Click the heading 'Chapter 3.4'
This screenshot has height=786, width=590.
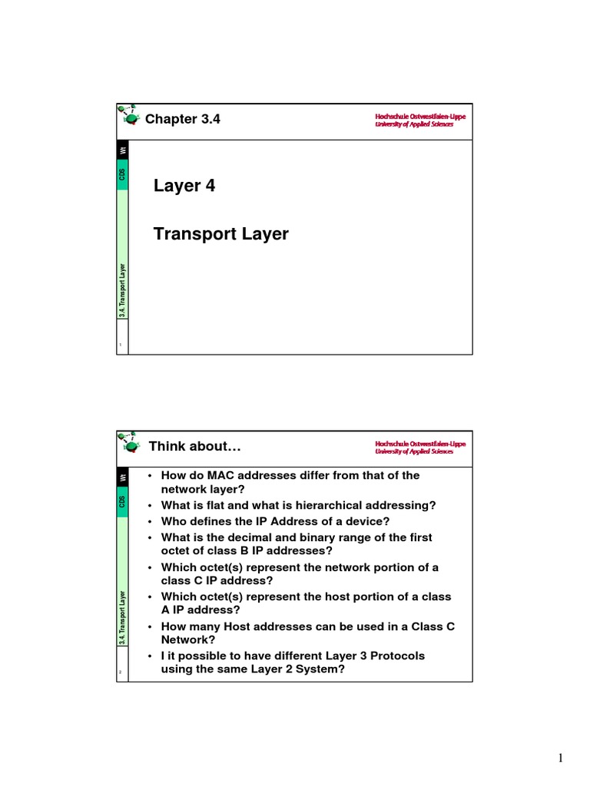(183, 119)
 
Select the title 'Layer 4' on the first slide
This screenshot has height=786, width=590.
(184, 186)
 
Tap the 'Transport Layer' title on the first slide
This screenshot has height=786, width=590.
(221, 234)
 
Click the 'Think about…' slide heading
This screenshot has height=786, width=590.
(195, 446)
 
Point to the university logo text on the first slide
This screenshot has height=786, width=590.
(414, 120)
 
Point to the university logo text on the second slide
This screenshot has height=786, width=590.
(414, 447)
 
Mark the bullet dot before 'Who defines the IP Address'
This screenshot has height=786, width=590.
(151, 521)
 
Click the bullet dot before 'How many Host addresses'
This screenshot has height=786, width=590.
(151, 626)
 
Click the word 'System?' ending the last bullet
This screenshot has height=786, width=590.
(322, 669)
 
